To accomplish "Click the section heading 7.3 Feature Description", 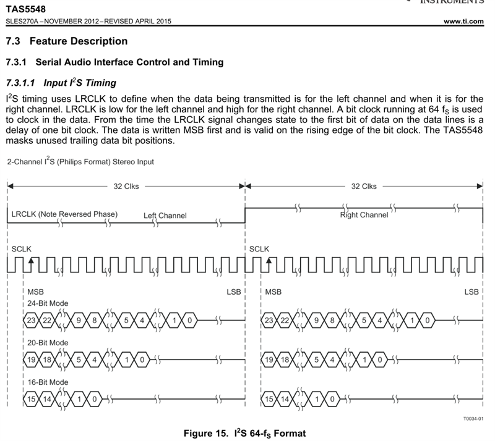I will [66, 41].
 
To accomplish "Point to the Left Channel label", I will [165, 216].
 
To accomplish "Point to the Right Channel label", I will [364, 214].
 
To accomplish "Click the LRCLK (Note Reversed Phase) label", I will [64, 214].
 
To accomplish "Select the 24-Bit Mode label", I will [48, 303].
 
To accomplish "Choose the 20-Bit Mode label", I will [48, 342].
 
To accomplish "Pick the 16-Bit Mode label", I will [48, 382].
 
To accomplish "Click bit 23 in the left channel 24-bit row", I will [32, 320].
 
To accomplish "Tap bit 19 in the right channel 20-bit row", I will [269, 359].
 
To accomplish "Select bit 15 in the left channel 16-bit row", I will [32, 400].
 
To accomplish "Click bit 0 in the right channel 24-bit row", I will [427, 320].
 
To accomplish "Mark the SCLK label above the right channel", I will [259, 248].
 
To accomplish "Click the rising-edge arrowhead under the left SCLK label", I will [32, 260].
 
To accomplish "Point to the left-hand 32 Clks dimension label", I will [126, 186].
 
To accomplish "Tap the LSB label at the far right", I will [471, 291].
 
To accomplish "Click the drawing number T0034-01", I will [473, 418].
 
